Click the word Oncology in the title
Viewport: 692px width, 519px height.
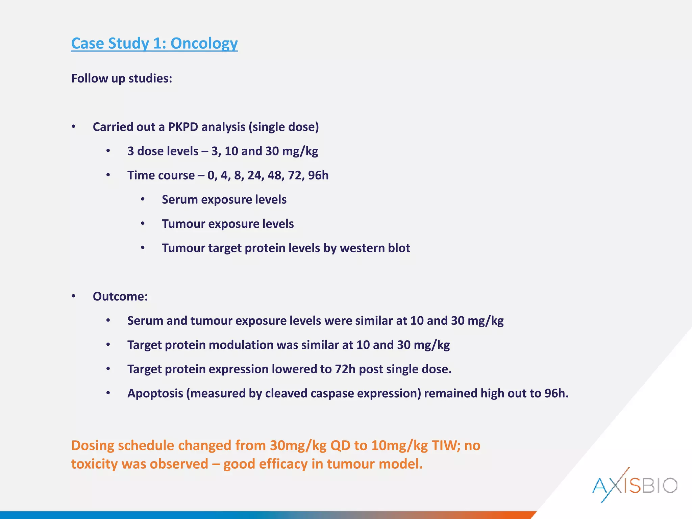tap(204, 44)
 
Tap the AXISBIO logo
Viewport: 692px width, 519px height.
tap(635, 485)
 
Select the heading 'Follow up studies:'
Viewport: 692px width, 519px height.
tap(122, 78)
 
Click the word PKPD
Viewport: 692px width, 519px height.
tap(183, 127)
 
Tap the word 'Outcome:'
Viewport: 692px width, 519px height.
tap(120, 297)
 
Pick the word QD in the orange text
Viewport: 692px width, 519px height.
tap(340, 446)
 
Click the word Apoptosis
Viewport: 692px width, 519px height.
tap(155, 394)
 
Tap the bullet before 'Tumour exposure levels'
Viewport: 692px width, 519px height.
tap(143, 224)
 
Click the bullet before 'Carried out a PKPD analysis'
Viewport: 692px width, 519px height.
tap(74, 127)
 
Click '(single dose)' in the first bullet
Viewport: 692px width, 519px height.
tap(283, 127)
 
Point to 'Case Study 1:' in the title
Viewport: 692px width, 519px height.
tap(119, 44)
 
